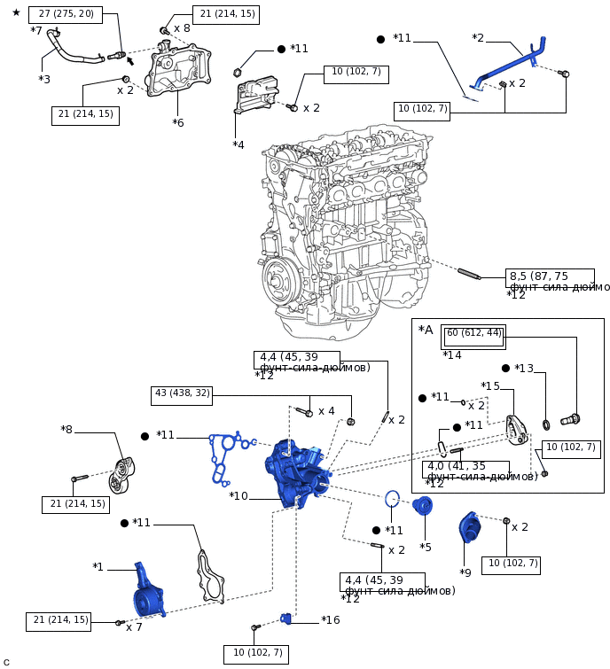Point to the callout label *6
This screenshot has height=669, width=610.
pos(177,122)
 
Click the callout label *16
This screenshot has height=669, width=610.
pos(330,620)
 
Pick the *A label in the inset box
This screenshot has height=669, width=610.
pos(426,331)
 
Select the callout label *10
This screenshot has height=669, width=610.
pos(239,496)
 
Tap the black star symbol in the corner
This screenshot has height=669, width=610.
pos(16,13)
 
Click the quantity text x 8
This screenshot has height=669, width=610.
pos(182,28)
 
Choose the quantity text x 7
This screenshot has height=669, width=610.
pos(134,627)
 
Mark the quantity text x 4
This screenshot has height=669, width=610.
pos(326,411)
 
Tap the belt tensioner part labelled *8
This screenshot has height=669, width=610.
pos(122,474)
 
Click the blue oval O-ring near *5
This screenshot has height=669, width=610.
pos(393,499)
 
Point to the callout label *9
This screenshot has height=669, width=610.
pos(465,572)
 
